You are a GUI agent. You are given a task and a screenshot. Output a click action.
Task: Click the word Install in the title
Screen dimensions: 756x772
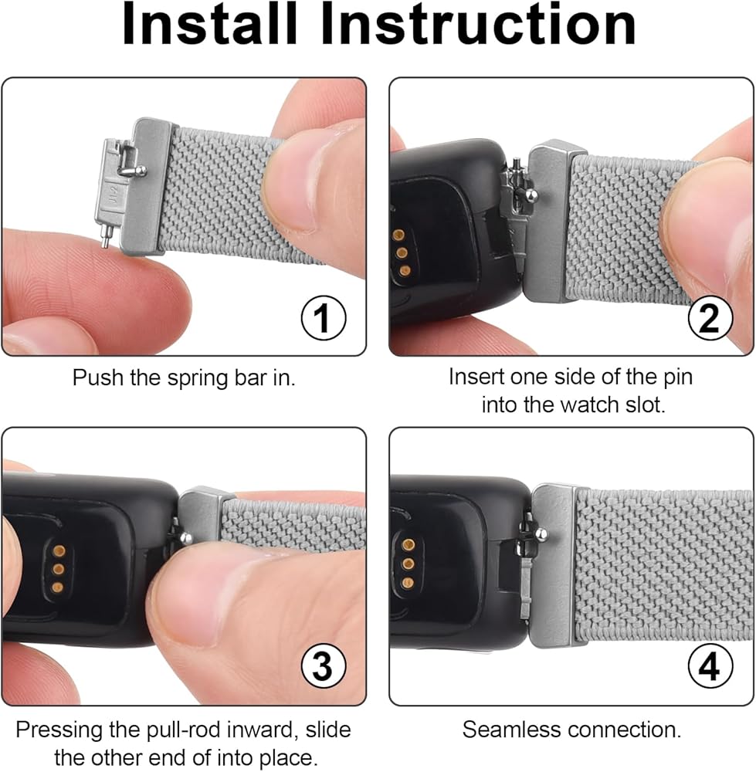(x=210, y=24)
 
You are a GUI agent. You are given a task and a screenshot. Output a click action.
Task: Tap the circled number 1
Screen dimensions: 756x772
(x=324, y=317)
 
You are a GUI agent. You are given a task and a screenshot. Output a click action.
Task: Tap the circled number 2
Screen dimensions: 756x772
(x=710, y=317)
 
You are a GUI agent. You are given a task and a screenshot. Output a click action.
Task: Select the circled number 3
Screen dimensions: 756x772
(x=324, y=666)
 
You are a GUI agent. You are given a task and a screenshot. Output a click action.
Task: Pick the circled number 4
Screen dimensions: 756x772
(x=710, y=666)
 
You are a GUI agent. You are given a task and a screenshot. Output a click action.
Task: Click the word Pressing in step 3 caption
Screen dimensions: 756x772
(x=60, y=730)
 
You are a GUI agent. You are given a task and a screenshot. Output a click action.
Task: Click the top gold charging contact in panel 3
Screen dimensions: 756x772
(x=59, y=550)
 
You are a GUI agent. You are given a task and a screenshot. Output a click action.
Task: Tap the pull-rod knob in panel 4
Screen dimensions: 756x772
(x=541, y=533)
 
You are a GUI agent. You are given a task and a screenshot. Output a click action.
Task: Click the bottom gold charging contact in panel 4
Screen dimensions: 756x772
(x=408, y=583)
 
